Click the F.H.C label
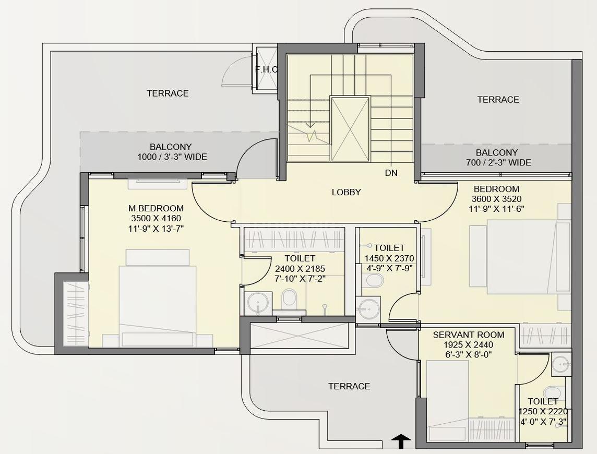coord(267,70)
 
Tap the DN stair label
coord(391,173)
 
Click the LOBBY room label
coord(346,193)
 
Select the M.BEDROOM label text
coord(156,208)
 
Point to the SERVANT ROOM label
coord(469,335)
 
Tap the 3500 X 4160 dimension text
coord(156,219)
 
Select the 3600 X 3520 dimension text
coord(496,199)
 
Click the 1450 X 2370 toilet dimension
coord(389,258)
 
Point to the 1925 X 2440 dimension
coord(468,345)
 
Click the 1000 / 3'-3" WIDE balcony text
coord(173,157)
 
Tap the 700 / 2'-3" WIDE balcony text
coord(498,163)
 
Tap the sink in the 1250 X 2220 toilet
coord(561,364)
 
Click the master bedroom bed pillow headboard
coord(158,257)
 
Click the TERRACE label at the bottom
coord(349,387)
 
